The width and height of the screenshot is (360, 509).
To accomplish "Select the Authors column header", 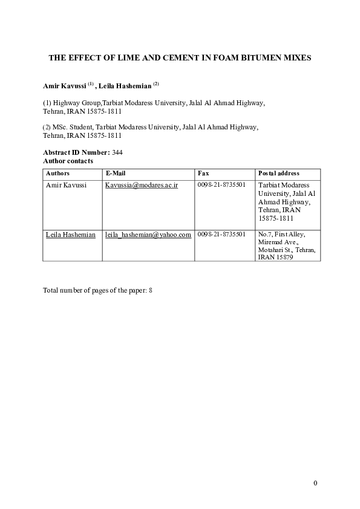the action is click(x=57, y=173).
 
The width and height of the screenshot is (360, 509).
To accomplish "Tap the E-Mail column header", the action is click(x=115, y=173).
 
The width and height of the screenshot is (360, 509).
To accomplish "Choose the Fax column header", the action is click(x=203, y=173).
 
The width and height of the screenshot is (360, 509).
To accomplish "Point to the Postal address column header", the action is click(x=279, y=173).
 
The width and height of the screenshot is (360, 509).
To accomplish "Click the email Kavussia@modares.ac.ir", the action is click(x=141, y=185).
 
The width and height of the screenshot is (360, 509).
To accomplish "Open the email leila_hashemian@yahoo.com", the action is click(x=148, y=235).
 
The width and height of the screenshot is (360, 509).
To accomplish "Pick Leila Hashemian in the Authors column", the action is click(x=70, y=235).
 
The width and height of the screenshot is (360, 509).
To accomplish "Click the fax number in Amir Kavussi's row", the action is click(x=221, y=185).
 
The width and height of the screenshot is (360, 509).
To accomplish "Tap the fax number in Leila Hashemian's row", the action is click(x=221, y=235).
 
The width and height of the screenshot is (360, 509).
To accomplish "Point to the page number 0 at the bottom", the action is click(x=315, y=482).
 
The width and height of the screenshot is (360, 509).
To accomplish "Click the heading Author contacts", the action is click(x=68, y=161).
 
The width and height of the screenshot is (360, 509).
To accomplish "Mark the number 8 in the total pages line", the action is click(x=151, y=290).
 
